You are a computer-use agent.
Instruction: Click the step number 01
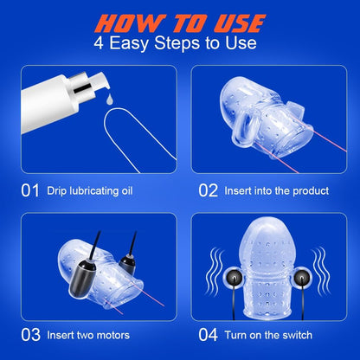(x=30, y=190)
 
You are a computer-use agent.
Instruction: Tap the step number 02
(x=208, y=190)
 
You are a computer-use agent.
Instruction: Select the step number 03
(x=30, y=335)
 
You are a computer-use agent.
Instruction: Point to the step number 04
(x=208, y=335)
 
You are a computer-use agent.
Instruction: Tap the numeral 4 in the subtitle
(x=99, y=43)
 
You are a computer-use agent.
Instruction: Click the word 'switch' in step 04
(x=298, y=335)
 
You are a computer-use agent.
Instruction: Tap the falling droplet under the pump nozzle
(x=109, y=99)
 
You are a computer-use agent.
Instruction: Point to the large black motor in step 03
(x=82, y=279)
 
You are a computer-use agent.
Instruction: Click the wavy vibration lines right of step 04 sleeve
(x=320, y=272)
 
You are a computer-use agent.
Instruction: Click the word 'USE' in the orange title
(x=240, y=23)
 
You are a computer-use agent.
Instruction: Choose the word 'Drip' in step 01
(x=57, y=191)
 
